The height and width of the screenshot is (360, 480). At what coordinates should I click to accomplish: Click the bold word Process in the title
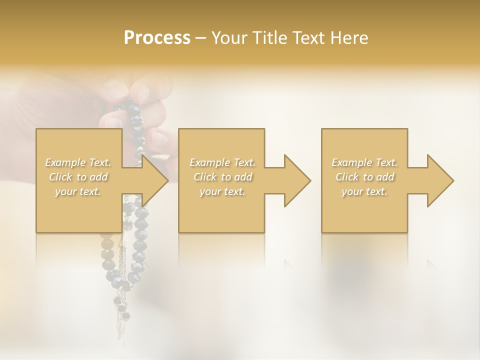click(157, 38)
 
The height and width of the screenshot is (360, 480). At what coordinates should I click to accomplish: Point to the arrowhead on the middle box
click(297, 180)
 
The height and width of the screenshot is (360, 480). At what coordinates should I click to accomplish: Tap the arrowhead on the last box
click(440, 180)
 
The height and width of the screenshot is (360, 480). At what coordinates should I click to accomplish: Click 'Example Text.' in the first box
click(78, 162)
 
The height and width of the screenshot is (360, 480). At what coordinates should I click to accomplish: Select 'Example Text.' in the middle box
click(222, 162)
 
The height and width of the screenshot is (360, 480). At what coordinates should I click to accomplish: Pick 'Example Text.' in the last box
click(364, 162)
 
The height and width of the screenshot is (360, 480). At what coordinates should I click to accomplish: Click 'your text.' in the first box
click(78, 191)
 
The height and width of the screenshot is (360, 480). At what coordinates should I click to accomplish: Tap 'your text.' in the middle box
click(222, 191)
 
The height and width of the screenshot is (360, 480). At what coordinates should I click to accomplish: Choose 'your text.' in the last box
click(364, 191)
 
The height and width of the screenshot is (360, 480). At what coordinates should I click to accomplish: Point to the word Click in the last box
click(347, 177)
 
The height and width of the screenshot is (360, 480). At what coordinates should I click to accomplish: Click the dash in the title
click(200, 38)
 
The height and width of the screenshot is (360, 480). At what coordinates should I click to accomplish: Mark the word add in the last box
click(385, 177)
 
